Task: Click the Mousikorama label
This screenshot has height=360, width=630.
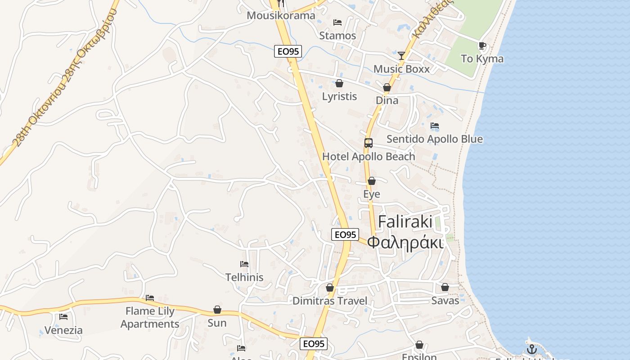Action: [x=281, y=15]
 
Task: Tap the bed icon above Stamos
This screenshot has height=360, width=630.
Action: [x=337, y=22]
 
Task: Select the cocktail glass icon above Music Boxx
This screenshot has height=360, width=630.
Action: [x=401, y=55]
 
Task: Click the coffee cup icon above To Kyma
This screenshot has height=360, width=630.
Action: [x=482, y=45]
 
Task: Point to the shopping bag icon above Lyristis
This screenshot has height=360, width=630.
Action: [x=339, y=83]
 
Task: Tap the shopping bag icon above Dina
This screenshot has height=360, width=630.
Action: [x=387, y=87]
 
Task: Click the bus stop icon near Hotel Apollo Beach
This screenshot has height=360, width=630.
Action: [x=369, y=143]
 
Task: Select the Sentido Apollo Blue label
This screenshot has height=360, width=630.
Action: [x=434, y=139]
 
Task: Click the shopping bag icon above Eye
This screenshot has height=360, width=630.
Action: [x=372, y=181]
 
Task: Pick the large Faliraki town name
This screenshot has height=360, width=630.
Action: [x=405, y=222]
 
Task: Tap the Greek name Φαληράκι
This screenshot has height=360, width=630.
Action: [x=405, y=242]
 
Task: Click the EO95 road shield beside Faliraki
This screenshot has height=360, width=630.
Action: [x=345, y=234]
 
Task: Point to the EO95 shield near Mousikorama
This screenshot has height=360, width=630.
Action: [x=288, y=51]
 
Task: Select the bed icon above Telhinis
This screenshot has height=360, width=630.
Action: [x=244, y=264]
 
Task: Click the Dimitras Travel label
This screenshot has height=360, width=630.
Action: [x=330, y=301]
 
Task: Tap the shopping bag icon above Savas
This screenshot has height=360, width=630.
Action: [x=445, y=287]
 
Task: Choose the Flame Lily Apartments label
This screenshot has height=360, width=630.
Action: [x=150, y=317]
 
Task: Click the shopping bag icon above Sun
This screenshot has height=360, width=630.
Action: [x=217, y=310]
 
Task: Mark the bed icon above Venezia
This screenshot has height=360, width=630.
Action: [x=63, y=317]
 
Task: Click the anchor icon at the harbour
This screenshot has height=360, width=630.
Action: [x=532, y=349]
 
